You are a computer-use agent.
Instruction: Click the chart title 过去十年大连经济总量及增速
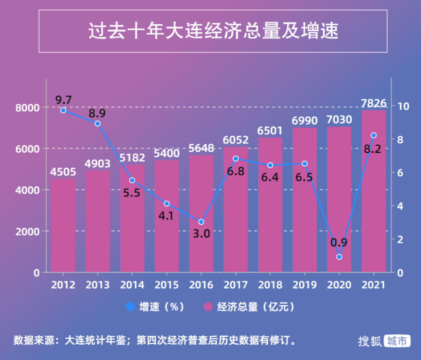(x=213, y=31)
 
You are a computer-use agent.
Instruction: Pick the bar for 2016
(x=201, y=214)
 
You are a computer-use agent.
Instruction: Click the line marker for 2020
(x=339, y=257)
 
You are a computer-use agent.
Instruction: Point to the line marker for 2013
(x=98, y=124)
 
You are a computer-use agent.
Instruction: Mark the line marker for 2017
(x=236, y=159)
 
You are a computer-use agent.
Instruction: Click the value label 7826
(x=373, y=103)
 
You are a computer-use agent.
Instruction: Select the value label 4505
(x=63, y=172)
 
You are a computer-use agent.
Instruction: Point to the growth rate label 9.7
(x=63, y=100)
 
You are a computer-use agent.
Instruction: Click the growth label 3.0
(x=201, y=234)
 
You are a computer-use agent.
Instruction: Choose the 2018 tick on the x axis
(x=270, y=285)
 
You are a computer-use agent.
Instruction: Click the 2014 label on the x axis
(x=132, y=285)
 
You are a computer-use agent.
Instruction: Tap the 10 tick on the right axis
(x=402, y=106)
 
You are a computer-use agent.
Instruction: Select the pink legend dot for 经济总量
(x=208, y=307)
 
